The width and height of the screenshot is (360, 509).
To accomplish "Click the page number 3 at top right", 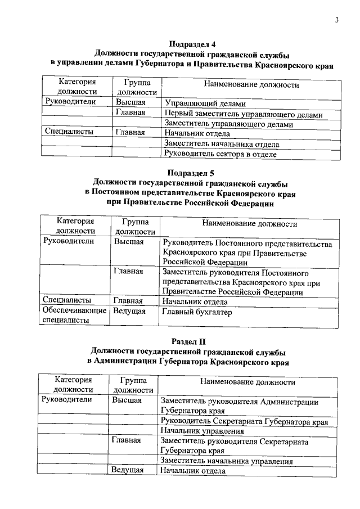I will tap(336, 21).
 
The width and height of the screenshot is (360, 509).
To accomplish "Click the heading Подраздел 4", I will tap(192, 44).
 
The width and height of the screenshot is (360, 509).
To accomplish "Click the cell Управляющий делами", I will tap(205, 104).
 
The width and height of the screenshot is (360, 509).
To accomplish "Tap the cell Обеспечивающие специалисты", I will tap(74, 316).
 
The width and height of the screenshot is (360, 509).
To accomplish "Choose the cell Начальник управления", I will tap(202, 431).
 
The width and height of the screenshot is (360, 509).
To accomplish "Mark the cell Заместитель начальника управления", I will tap(227, 461).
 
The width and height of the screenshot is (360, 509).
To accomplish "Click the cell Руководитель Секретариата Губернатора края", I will tap(244, 421).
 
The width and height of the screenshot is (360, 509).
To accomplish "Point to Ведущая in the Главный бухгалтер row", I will tap(129, 311).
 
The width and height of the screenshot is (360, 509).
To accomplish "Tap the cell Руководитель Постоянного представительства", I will tap(247, 253).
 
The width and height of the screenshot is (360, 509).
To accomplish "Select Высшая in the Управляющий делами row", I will tap(131, 102).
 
